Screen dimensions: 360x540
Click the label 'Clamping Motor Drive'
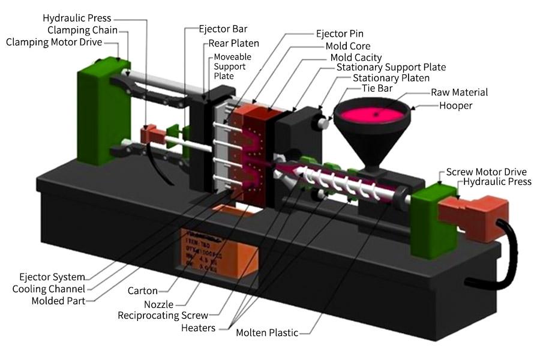click(53, 42)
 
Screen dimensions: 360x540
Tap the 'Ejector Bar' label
click(223, 29)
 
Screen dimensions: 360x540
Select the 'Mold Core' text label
click(347, 46)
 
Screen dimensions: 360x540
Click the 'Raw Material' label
click(459, 92)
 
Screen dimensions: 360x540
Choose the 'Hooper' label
click(456, 106)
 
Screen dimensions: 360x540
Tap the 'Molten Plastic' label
click(267, 332)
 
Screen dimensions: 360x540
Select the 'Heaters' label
click(198, 328)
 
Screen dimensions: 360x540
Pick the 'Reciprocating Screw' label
click(163, 315)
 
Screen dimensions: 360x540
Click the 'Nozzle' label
click(158, 305)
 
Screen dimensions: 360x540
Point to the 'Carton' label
click(143, 291)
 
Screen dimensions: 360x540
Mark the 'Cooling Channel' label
click(49, 289)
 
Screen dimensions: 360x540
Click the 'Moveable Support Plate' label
click(232, 66)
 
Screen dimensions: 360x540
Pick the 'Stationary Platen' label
click(391, 78)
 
